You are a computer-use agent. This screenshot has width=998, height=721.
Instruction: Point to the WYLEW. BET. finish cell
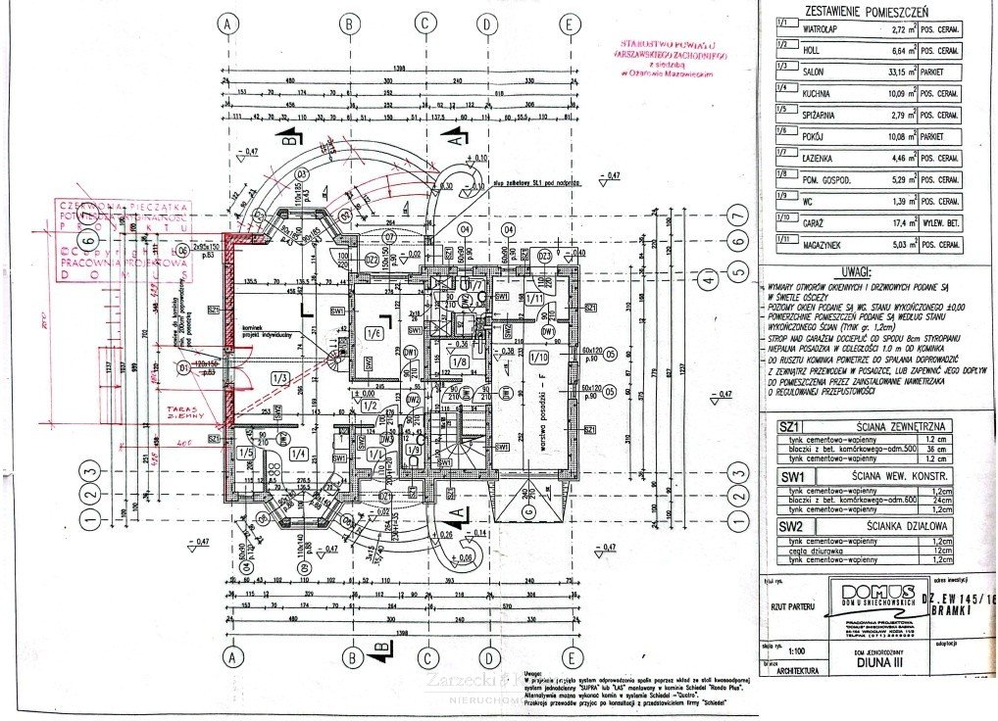click(x=943, y=224)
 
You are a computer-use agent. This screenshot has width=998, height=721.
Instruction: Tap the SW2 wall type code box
click(x=790, y=526)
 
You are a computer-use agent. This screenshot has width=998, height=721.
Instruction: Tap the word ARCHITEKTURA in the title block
click(x=797, y=671)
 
